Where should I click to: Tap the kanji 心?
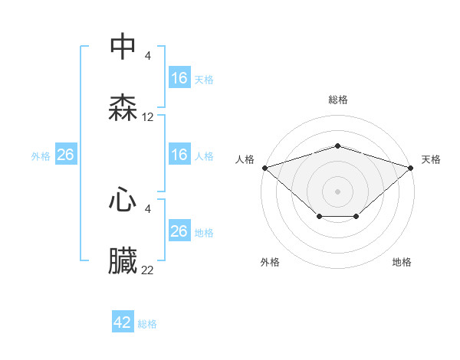pos(123,201)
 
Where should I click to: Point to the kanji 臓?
pos(123,262)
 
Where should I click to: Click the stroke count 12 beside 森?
pos(148,117)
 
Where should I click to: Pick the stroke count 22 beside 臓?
pos(148,270)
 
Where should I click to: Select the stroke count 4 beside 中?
pos(148,55)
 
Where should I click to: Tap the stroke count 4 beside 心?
pos(148,208)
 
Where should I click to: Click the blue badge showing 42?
pos(123,322)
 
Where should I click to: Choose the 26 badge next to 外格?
pos(65,155)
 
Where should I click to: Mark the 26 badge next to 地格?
pos(179,231)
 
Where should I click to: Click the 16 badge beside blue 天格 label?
pos(179,78)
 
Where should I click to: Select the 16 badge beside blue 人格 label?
pos(179,155)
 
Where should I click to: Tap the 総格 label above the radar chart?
pos(337,100)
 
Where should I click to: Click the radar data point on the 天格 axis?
pos(411,167)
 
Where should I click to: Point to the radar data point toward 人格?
pos(264,167)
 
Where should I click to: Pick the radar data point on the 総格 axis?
pos(337,146)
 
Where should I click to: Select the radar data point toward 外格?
pos(318,218)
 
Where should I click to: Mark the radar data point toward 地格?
pos(356,218)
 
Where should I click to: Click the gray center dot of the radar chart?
pos(337,191)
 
